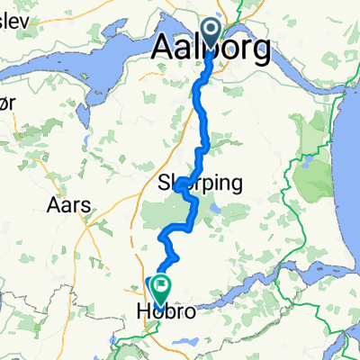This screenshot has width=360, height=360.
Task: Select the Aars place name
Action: tap(68, 204)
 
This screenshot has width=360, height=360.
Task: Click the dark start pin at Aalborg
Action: tap(213, 32)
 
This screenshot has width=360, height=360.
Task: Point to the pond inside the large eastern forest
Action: tap(302, 165)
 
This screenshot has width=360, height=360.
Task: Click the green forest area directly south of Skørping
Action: tap(166, 216)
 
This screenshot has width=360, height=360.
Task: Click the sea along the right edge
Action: tap(351, 180)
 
